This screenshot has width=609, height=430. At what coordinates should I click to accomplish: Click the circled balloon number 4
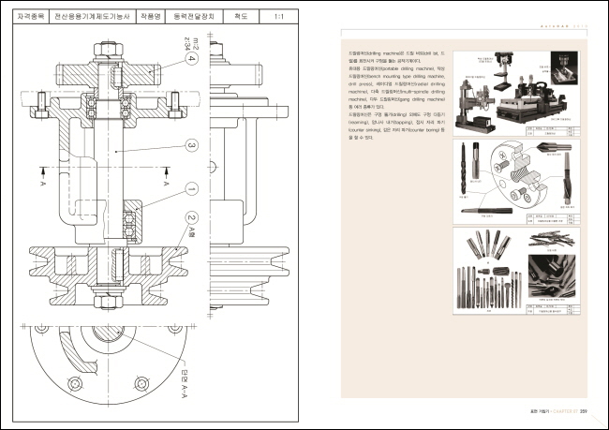(191, 59)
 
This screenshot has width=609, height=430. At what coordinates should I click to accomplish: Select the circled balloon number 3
(191, 145)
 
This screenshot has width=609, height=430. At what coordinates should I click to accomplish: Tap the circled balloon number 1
(191, 188)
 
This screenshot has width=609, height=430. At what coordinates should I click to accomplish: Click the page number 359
(583, 409)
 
